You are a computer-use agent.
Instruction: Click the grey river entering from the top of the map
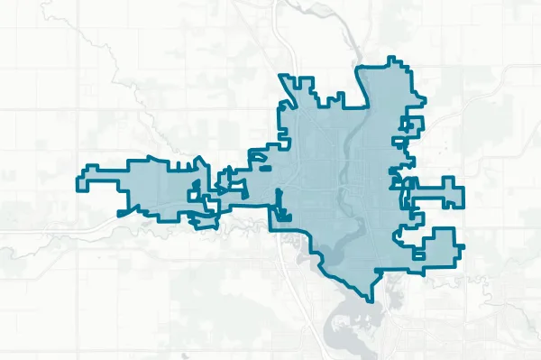tap(287, 45)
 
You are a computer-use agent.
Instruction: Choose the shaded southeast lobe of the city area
tap(433, 248)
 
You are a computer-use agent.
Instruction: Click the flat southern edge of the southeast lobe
tap(433, 266)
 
